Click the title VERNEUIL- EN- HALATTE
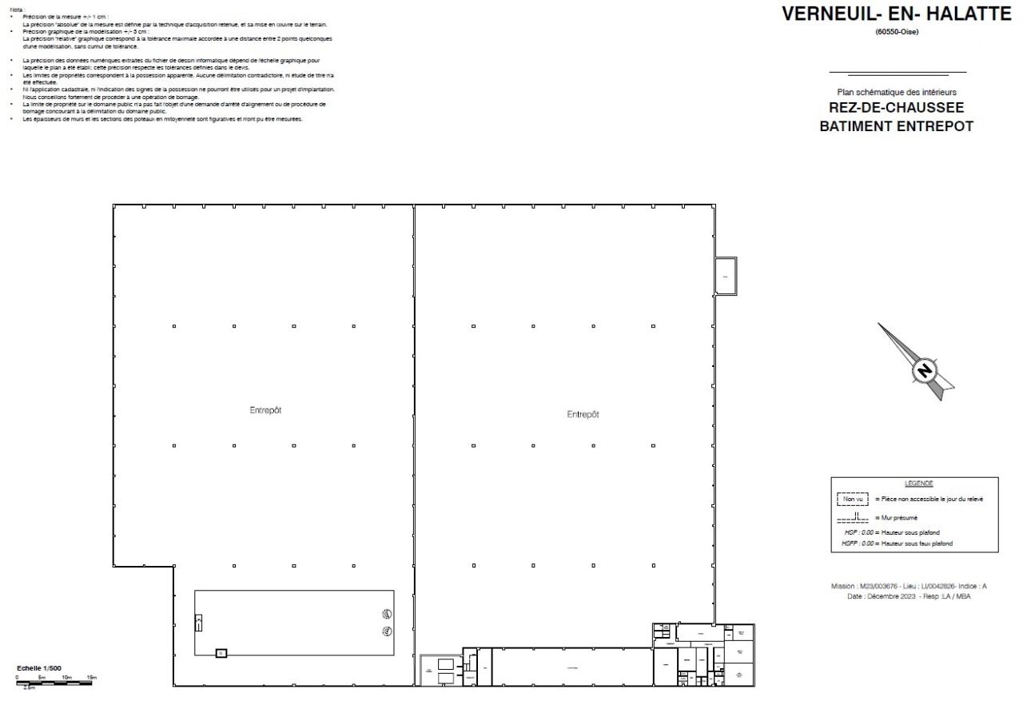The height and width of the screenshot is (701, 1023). point(896,14)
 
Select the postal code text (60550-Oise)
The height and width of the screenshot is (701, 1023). point(897,32)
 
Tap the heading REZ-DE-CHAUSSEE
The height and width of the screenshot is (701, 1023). point(897,109)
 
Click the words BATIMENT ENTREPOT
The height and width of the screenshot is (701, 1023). point(897,126)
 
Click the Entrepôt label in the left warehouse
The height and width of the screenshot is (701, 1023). point(265,410)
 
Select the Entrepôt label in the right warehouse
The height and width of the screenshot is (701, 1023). point(583,414)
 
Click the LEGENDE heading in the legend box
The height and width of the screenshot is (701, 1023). point(918,484)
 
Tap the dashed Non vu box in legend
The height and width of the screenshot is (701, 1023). point(852,499)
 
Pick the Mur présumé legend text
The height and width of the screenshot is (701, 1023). point(901,518)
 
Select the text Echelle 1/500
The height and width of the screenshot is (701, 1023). point(39,667)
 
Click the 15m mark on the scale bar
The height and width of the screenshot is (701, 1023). point(91,677)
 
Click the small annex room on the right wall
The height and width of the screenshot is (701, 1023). point(725,276)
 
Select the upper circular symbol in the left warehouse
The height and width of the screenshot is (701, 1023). point(387,615)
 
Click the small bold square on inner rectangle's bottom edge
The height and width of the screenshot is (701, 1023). point(221,653)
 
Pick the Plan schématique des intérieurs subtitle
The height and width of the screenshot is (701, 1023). point(897,93)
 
